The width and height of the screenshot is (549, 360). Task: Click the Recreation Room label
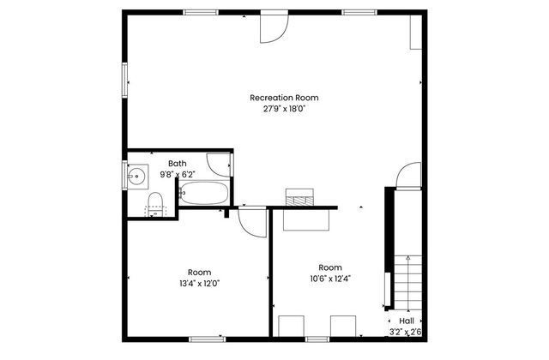click(278, 98)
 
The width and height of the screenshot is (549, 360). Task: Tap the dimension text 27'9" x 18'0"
click(278, 109)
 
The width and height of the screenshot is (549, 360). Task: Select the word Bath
click(178, 164)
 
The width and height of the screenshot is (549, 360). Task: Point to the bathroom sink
click(136, 177)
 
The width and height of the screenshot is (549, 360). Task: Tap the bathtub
click(204, 194)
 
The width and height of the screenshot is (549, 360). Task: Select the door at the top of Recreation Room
click(274, 28)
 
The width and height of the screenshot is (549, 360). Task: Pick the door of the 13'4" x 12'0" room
click(251, 222)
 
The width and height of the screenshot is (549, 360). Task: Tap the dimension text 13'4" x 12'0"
click(199, 284)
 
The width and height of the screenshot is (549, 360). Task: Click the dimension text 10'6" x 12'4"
click(330, 278)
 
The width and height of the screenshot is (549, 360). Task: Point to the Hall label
click(406, 321)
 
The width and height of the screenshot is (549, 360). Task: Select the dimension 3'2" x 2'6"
click(406, 331)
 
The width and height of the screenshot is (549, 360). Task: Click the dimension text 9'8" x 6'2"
click(178, 174)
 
